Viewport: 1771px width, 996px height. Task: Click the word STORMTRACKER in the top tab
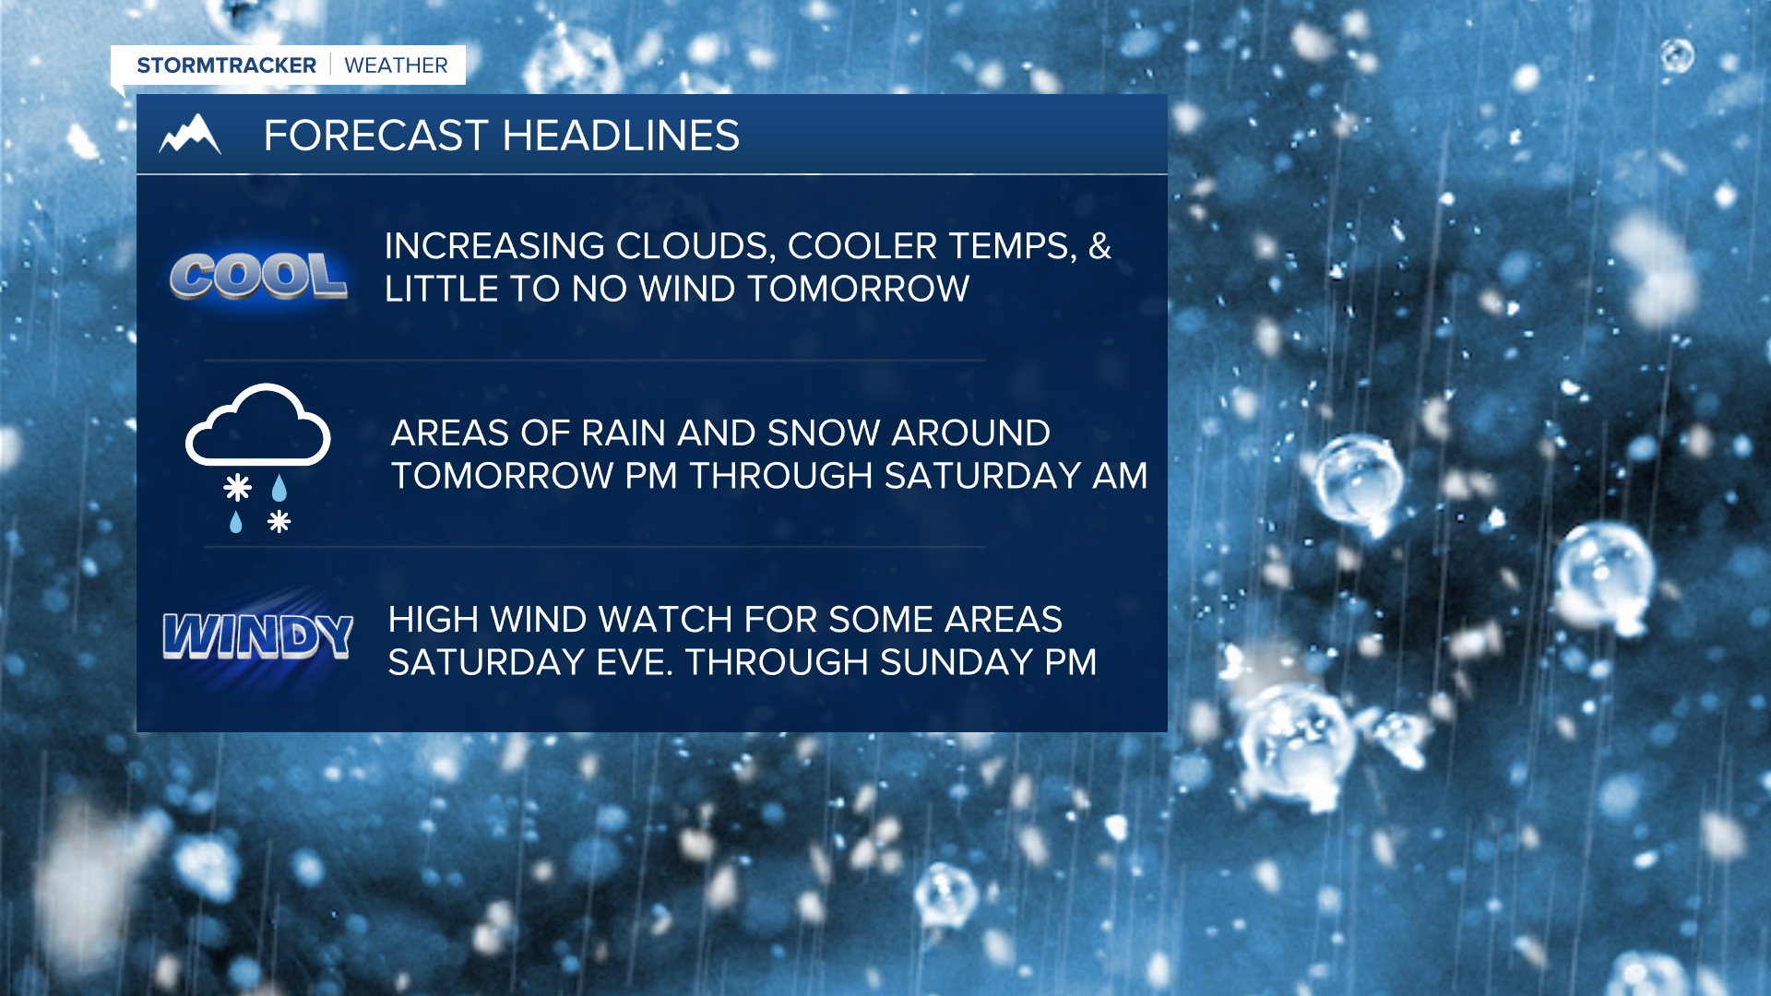tap(226, 65)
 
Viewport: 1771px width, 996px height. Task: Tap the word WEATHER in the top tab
tap(396, 65)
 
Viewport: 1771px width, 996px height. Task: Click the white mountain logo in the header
tap(190, 135)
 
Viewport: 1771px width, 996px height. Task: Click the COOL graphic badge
tap(258, 275)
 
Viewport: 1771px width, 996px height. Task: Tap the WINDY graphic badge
tap(258, 635)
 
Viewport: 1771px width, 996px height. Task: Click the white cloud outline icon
tap(258, 425)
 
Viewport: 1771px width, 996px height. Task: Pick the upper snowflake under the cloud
tap(238, 487)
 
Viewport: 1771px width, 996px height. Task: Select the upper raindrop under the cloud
tap(279, 487)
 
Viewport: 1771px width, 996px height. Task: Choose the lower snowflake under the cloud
tap(279, 522)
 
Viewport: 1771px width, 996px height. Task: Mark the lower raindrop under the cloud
tap(236, 522)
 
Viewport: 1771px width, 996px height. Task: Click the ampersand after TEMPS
tap(1100, 246)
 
